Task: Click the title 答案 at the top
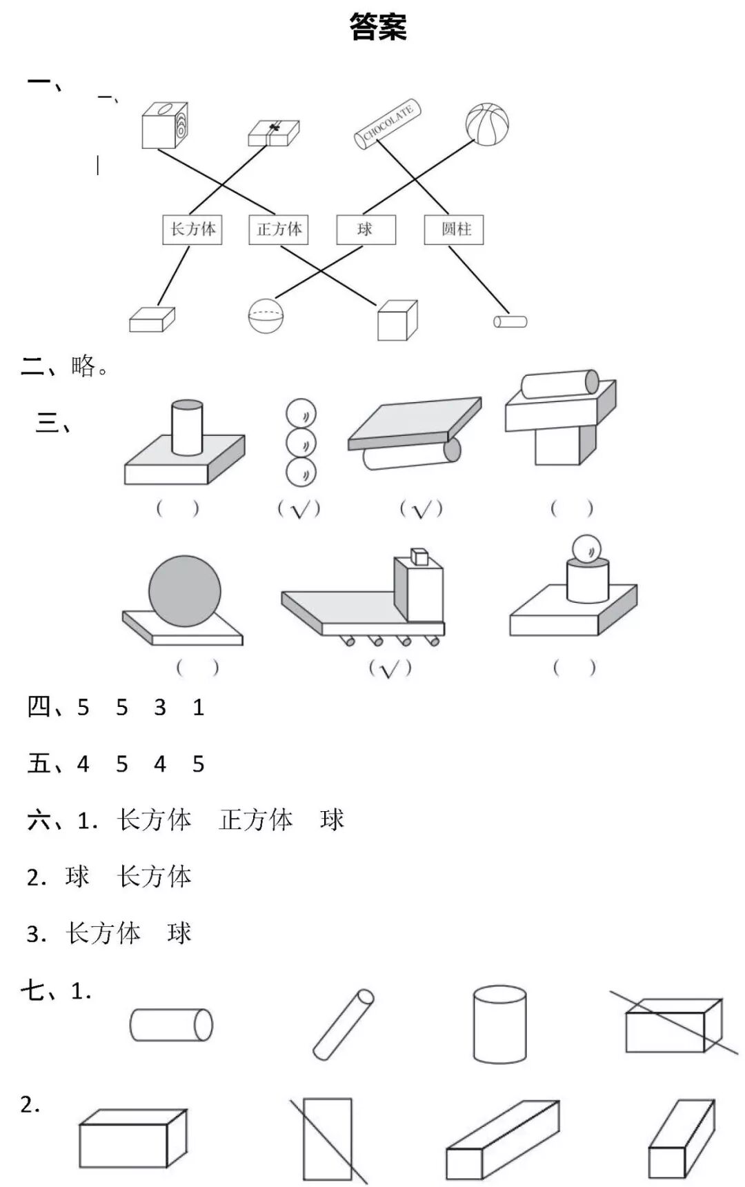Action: (378, 27)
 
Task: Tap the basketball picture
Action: (487, 125)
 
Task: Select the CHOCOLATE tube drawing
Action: (388, 124)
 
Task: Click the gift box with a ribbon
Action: (274, 133)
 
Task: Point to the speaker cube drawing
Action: (164, 126)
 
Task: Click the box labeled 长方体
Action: (192, 229)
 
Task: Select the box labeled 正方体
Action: (279, 229)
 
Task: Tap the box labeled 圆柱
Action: (454, 230)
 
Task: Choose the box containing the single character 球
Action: (366, 230)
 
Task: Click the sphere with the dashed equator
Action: (266, 315)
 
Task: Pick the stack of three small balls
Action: (301, 443)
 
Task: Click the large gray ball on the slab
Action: (185, 591)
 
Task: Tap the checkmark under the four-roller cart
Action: (390, 668)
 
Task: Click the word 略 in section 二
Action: (83, 366)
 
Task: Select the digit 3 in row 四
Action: (160, 708)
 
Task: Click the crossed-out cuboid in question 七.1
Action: (673, 1026)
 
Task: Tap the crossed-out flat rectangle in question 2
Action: (328, 1139)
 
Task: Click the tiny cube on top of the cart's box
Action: (419, 555)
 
